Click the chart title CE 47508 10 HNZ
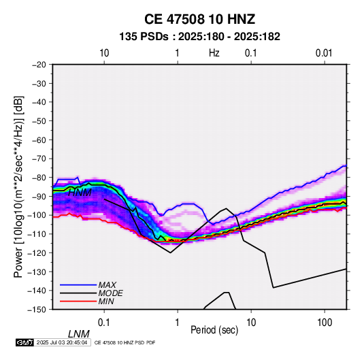(199, 19)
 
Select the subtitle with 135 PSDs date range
(199, 37)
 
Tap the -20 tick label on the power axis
(39, 65)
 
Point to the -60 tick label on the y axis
(39, 140)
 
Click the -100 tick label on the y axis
(37, 215)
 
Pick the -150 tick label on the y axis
(37, 310)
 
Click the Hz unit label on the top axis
(214, 53)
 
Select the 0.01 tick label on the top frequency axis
(324, 53)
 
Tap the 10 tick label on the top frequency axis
(104, 53)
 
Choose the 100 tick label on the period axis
(325, 323)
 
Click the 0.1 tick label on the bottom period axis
(103, 323)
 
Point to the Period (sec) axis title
(214, 330)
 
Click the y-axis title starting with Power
(18, 186)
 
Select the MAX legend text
(107, 284)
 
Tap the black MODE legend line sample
(78, 293)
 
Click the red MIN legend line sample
(78, 301)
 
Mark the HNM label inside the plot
(80, 193)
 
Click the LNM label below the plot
(79, 334)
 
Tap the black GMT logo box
(25, 342)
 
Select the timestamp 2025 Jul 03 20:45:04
(62, 342)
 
